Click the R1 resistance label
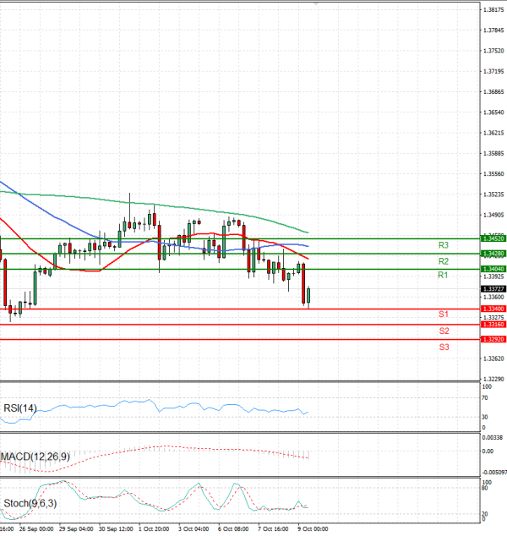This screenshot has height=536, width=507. tap(443, 276)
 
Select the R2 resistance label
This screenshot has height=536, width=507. tap(443, 260)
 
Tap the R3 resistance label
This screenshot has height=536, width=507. tap(443, 245)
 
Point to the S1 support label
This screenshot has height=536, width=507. tap(443, 314)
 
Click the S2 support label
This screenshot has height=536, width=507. tap(443, 331)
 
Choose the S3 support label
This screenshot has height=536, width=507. tap(443, 347)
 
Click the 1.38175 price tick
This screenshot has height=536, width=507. tap(493, 9)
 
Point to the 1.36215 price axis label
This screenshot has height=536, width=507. tap(493, 133)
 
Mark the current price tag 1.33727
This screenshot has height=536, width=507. tap(493, 289)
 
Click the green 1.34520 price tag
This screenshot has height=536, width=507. tap(493, 238)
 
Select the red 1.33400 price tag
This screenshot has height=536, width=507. tap(493, 309)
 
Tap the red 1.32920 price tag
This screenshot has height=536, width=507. tap(493, 339)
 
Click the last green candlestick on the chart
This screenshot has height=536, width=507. tap(308, 296)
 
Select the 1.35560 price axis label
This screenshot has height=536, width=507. tap(493, 174)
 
